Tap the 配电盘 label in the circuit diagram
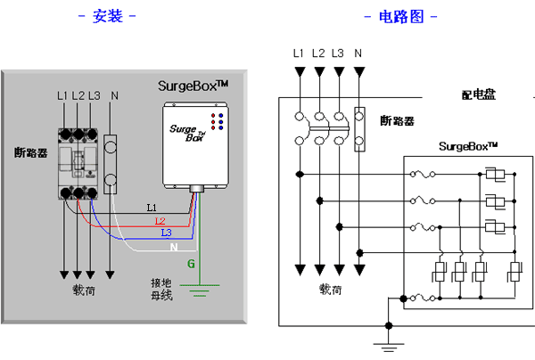[479, 95]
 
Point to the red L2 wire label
[160, 220]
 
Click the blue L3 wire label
[166, 233]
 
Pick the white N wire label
[174, 245]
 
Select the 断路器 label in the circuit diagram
[396, 121]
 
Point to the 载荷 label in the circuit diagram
[332, 290]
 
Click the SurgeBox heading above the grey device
[193, 86]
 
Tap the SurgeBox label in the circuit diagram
[467, 144]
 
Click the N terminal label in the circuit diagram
[358, 53]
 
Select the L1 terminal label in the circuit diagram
[299, 53]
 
